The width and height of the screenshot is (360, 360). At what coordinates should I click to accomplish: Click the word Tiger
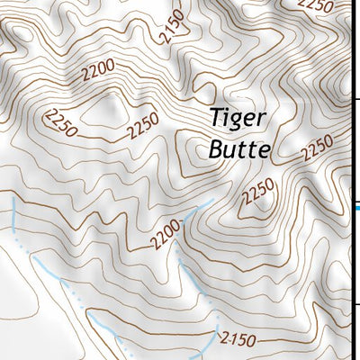tap(238, 118)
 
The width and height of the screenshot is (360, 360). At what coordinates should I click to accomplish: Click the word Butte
tap(238, 148)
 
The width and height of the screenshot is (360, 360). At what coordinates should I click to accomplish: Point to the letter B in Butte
tap(216, 148)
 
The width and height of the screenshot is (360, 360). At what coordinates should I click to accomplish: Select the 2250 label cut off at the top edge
tap(316, 4)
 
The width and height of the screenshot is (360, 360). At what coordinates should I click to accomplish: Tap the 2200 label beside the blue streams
tap(166, 237)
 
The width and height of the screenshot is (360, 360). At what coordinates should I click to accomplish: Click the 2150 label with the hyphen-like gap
tap(238, 338)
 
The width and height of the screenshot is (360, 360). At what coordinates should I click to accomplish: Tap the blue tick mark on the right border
tap(356, 208)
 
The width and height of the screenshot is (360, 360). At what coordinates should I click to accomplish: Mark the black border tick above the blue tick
tap(356, 99)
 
